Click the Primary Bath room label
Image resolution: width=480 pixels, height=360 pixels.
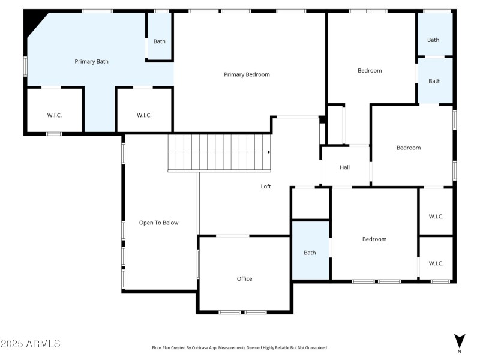pos(91,61)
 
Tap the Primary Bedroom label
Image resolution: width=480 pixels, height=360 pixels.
pos(247,74)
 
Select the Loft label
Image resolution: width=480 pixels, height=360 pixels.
pos(266,187)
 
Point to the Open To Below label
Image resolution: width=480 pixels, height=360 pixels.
pos(159,223)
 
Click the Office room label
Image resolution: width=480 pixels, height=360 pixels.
pos(244,278)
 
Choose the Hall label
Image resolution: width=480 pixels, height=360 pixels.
pos(344,167)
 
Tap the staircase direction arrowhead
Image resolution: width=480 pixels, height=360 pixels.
pos(269,152)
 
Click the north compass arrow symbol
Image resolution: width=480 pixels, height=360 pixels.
pos(459,340)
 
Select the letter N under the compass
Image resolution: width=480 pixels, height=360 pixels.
pos(459,352)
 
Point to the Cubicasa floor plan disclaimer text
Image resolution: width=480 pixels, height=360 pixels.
pos(240,347)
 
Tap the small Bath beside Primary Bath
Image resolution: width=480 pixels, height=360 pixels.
pos(159,41)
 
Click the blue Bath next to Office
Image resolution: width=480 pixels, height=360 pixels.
pos(310,253)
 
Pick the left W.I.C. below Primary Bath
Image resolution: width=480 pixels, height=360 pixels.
pos(55,115)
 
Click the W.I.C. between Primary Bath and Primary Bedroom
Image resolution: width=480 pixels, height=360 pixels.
pos(144,115)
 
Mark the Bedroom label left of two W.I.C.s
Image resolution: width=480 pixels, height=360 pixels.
pos(374,239)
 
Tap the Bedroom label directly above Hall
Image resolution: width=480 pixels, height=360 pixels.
pos(370,71)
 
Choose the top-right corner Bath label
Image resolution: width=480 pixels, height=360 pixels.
pos(433,40)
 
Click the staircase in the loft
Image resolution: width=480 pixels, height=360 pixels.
pos(219,152)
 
